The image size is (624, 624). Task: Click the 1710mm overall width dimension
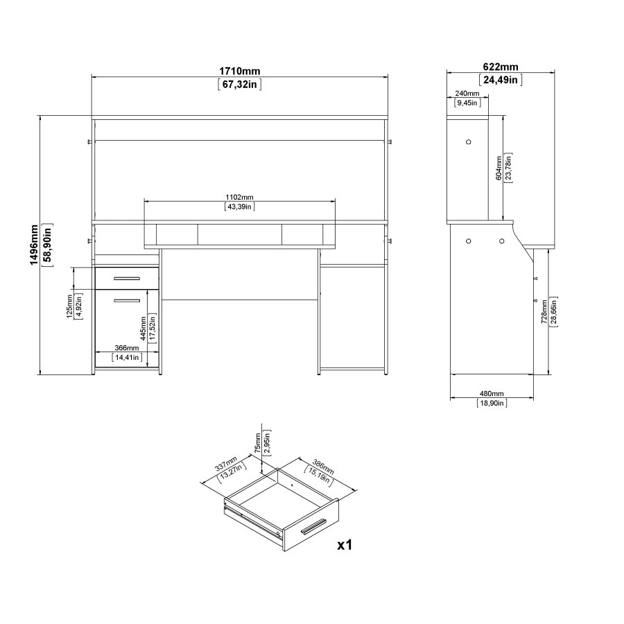[240, 71]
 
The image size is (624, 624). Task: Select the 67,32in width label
[240, 85]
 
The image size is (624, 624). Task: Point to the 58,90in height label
[46, 246]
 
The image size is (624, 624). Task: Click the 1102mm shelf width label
[239, 196]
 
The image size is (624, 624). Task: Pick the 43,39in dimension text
[239, 206]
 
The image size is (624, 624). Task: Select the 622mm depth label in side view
[500, 67]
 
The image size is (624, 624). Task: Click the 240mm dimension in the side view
[467, 94]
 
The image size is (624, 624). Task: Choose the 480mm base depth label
[492, 393]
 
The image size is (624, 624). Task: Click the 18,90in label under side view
[492, 403]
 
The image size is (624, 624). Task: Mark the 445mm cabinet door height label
[141, 331]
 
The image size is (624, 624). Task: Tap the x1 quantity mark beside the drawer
[345, 545]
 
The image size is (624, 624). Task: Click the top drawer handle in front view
[126, 279]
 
